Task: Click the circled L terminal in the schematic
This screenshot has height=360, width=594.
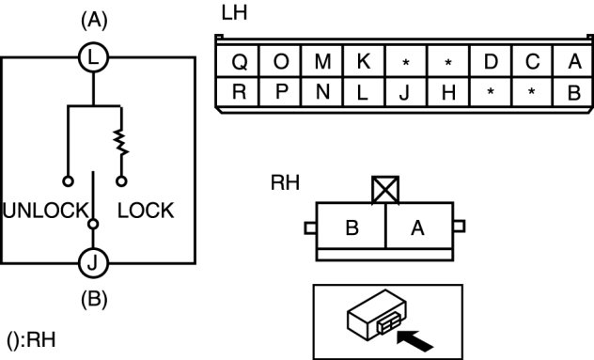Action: click(94, 58)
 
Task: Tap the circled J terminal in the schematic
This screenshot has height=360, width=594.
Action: click(93, 262)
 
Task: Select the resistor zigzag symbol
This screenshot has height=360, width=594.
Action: click(121, 143)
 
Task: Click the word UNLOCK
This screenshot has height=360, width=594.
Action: click(46, 211)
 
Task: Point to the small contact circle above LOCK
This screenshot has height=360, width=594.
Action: click(121, 181)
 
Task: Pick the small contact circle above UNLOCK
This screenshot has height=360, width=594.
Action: click(68, 181)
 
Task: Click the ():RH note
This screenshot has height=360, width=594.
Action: click(31, 339)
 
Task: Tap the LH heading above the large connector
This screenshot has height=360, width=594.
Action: click(234, 13)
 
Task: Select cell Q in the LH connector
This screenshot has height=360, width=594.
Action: click(239, 61)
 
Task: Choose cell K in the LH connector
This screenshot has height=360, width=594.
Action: click(364, 61)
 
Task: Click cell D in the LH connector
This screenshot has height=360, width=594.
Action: click(491, 61)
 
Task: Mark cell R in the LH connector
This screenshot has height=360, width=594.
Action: click(239, 92)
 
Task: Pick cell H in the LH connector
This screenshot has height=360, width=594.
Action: click(448, 92)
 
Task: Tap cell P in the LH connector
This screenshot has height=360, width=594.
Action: click(281, 92)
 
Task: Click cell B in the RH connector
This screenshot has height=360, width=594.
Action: click(352, 227)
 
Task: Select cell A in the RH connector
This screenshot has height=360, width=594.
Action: click(419, 227)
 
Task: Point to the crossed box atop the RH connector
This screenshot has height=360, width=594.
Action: click(385, 190)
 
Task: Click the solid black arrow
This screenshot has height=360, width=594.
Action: click(414, 340)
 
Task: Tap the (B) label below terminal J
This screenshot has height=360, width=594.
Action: click(94, 299)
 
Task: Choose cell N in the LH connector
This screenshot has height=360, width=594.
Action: click(322, 92)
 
